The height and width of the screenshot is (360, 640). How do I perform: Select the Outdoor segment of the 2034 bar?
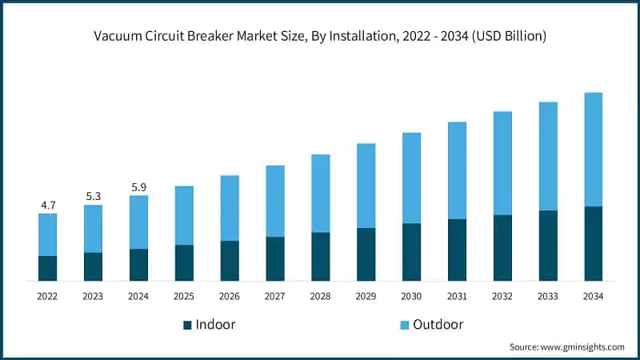tap(593, 150)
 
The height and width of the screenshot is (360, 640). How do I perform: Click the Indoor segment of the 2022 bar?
tap(48, 268)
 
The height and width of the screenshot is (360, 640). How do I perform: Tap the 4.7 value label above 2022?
tap(48, 206)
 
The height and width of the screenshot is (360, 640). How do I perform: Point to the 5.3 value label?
tap(94, 197)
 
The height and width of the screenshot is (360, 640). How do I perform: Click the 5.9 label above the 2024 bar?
tap(139, 187)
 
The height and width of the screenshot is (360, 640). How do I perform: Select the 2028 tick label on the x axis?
tap(320, 296)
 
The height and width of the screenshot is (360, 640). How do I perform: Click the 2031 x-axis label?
tap(457, 296)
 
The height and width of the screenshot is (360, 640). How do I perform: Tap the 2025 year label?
tap(184, 296)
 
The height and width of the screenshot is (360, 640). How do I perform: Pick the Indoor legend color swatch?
tap(188, 325)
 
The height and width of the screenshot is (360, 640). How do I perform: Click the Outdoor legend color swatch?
tap(405, 325)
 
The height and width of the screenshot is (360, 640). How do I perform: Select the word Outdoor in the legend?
tap(438, 325)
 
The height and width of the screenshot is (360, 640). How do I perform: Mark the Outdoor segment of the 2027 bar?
tap(275, 201)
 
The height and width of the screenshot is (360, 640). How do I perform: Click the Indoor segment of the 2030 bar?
tap(411, 252)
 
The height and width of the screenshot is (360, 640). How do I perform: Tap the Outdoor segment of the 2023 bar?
tap(94, 229)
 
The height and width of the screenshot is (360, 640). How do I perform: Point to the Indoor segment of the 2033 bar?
tap(547, 246)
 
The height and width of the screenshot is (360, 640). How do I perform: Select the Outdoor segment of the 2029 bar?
tap(366, 186)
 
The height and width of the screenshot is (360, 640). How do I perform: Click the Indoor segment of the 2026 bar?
tap(230, 261)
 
